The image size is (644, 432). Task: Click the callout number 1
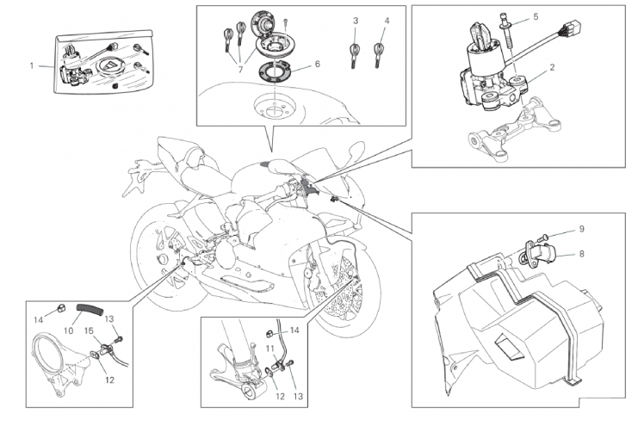click(33, 65)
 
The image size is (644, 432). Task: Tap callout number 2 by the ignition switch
click(553, 66)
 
